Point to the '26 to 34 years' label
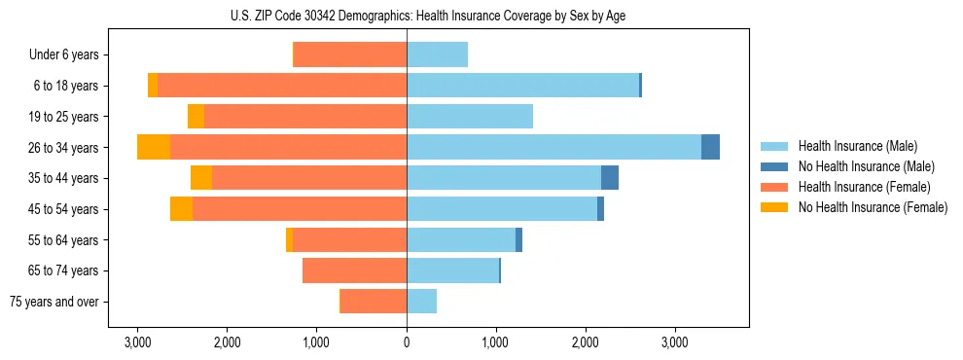[63, 148]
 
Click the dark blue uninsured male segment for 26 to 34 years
[710, 147]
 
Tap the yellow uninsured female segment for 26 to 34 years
[154, 147]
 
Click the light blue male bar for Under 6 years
[437, 54]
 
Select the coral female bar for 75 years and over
[374, 302]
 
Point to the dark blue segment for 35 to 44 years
[610, 178]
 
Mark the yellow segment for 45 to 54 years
[181, 209]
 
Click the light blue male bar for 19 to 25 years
[470, 117]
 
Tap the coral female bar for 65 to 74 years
[354, 270]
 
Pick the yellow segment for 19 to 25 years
[196, 117]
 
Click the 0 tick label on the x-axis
[407, 342]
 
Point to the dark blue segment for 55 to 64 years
[518, 239]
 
